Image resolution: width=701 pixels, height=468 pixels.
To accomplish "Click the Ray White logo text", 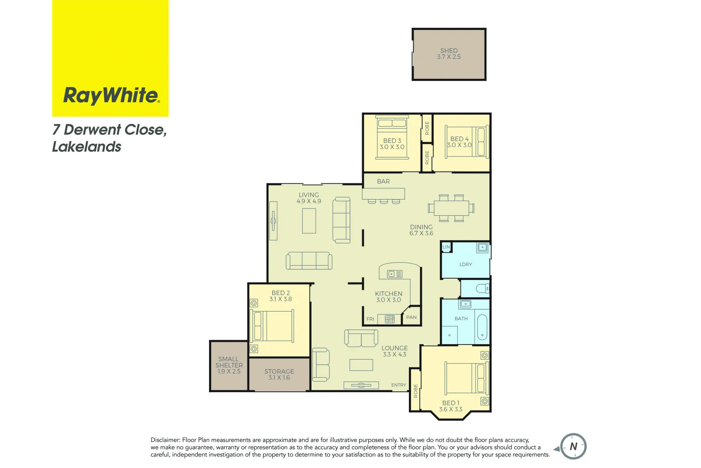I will point(111,95).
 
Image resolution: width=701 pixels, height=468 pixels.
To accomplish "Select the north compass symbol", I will point(573,446).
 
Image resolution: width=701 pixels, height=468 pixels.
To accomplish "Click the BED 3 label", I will point(392,140).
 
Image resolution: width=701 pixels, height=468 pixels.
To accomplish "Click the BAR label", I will point(383,182).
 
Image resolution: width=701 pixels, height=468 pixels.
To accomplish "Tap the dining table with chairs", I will point(451,208).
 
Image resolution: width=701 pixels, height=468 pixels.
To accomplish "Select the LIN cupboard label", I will point(446,247).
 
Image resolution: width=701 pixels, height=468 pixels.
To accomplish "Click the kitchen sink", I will point(394,274).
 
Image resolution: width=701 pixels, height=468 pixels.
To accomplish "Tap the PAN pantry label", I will point(411,318).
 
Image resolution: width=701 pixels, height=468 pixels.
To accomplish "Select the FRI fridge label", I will point(370,319).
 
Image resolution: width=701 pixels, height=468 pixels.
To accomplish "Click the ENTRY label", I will point(399,385).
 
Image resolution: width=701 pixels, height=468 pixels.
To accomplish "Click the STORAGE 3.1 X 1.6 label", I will point(279,374).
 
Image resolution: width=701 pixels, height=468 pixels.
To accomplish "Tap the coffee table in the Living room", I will point(309,221).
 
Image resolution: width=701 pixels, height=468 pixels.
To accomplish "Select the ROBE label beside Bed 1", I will point(415,391).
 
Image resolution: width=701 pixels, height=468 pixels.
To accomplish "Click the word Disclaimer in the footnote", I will point(165,440).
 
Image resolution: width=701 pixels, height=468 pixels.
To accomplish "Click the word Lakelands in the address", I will point(87,147).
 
